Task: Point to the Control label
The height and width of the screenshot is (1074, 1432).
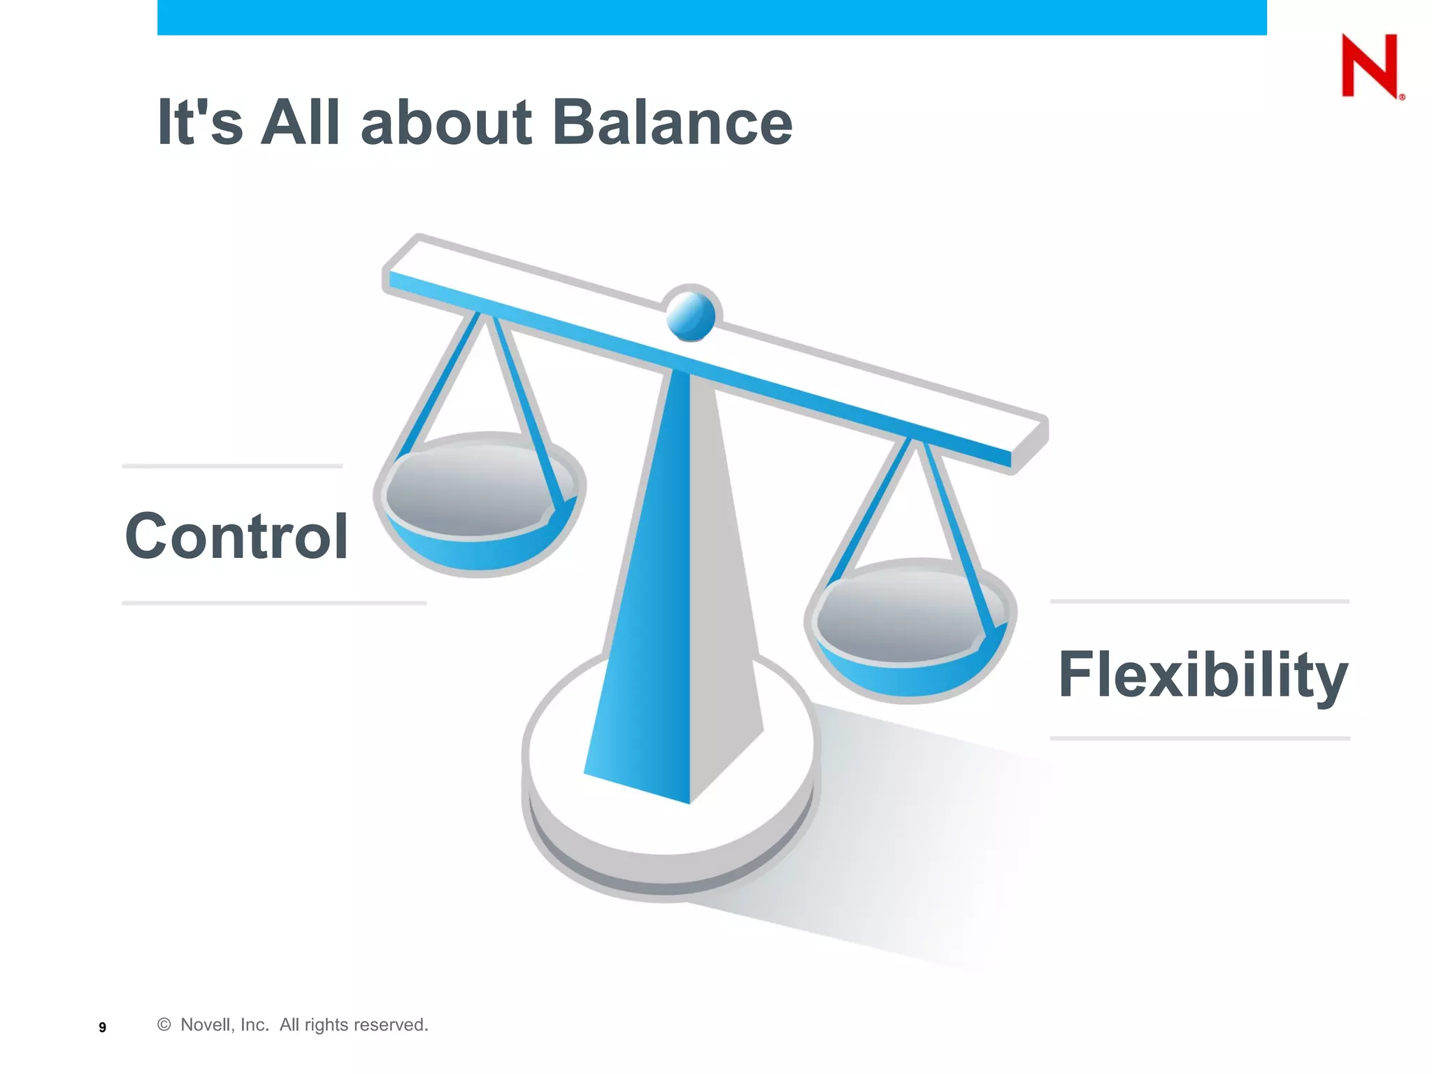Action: point(236,536)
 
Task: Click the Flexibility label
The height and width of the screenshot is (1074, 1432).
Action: point(1202,675)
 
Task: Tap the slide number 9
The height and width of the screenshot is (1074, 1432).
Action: point(103,1027)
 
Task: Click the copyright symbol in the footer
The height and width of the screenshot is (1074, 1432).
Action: point(164,1024)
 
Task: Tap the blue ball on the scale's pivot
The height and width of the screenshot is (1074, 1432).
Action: point(691,315)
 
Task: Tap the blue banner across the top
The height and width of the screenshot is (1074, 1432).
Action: point(712,17)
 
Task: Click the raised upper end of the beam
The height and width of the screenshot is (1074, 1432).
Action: point(420,262)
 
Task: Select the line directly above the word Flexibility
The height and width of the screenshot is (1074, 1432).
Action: point(1199,601)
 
